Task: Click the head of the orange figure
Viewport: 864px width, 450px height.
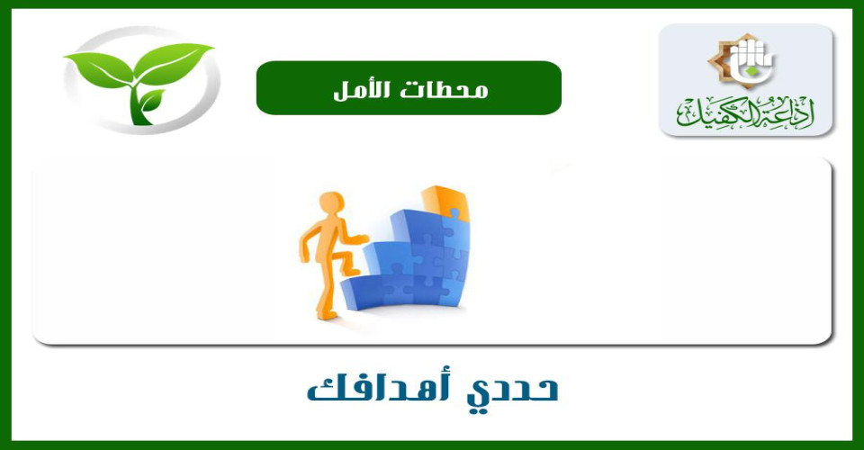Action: (332, 202)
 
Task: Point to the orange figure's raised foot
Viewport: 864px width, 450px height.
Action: (349, 270)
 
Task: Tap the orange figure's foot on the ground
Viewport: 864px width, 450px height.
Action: (327, 315)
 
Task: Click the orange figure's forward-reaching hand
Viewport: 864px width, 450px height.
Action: (360, 238)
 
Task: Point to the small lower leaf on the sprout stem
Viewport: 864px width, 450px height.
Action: (152, 99)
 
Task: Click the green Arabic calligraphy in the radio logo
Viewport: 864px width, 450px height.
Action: (745, 113)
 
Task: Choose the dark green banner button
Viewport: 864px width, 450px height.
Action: (409, 88)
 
